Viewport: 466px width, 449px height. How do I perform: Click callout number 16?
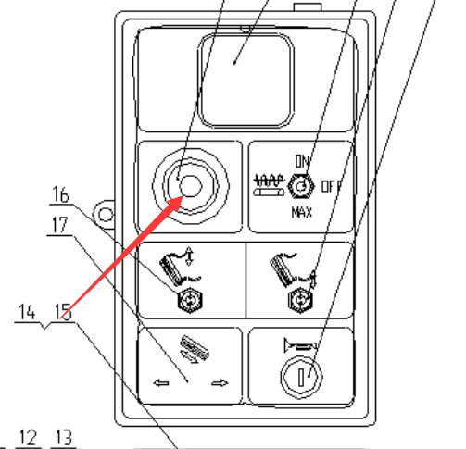(61, 194)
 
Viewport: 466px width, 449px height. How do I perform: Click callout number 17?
(60, 225)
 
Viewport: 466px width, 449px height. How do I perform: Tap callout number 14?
(27, 312)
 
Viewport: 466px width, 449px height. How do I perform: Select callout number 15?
(63, 312)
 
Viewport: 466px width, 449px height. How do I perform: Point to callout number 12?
(28, 437)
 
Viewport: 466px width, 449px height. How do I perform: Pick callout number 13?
(63, 437)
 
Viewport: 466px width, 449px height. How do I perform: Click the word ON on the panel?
(302, 161)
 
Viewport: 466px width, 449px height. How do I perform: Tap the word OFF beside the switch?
(332, 187)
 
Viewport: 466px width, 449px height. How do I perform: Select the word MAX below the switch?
(302, 212)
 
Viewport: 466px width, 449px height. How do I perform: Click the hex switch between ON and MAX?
(301, 186)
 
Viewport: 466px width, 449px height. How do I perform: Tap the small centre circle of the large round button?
(191, 186)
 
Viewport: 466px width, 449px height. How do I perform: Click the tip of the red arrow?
(183, 196)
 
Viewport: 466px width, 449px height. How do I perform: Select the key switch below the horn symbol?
(301, 377)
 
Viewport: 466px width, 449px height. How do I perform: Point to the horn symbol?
(300, 345)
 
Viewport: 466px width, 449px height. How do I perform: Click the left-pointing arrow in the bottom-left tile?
(161, 383)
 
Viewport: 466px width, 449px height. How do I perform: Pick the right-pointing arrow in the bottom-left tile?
(220, 383)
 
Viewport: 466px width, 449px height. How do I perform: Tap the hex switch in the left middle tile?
(190, 300)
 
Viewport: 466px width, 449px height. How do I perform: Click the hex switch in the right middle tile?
(300, 300)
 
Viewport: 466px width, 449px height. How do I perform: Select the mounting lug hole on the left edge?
(106, 215)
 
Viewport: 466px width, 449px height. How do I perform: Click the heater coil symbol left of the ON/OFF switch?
(269, 185)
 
